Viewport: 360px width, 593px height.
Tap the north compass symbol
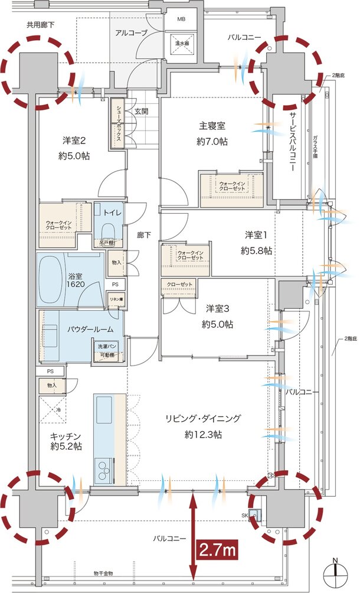point(335,570)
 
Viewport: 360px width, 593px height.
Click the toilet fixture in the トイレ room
point(107,227)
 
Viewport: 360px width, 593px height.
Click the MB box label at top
point(181,18)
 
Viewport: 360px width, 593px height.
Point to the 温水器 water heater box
point(181,43)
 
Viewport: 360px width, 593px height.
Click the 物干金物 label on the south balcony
point(103,573)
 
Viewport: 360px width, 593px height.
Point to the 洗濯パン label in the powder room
point(107,346)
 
